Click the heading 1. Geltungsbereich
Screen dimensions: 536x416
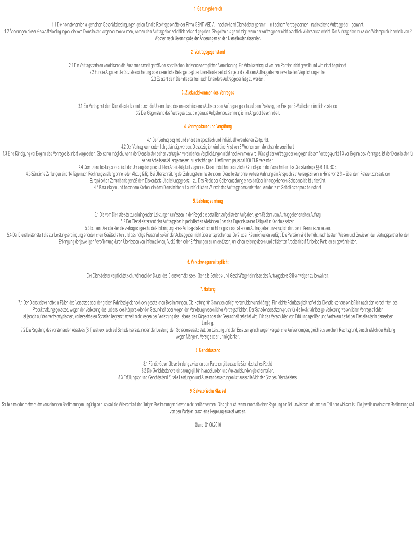[x=208, y=9]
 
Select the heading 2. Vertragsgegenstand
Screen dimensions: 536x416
[x=208, y=52]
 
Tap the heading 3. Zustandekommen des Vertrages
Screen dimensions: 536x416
[x=208, y=92]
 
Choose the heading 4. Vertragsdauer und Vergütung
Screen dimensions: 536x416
[x=208, y=127]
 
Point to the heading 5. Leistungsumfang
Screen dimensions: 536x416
[x=208, y=201]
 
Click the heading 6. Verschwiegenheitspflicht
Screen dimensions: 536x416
[x=208, y=262]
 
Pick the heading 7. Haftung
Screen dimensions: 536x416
[x=208, y=289]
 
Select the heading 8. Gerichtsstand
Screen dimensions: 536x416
[x=208, y=350]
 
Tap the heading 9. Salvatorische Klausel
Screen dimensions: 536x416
[x=208, y=391]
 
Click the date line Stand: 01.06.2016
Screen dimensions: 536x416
[x=208, y=425]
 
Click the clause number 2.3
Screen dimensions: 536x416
[x=154, y=79]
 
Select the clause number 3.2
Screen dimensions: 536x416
[x=138, y=113]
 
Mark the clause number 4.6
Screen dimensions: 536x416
[x=96, y=188]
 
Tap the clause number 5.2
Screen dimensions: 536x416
[x=124, y=221]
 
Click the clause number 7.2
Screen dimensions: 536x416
[x=23, y=330]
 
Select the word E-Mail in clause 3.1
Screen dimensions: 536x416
[x=299, y=106]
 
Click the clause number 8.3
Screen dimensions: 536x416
[x=121, y=377]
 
